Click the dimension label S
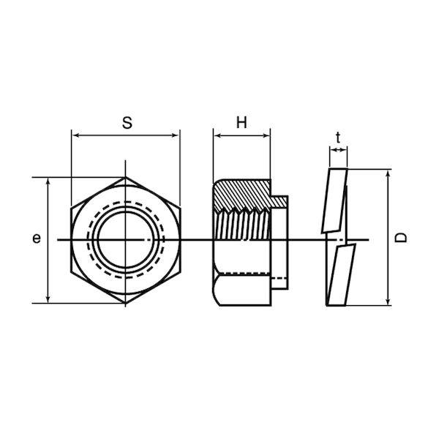pyautogui.click(x=127, y=123)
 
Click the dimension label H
pyautogui.click(x=241, y=123)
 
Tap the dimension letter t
pyautogui.click(x=338, y=138)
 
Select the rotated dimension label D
pyautogui.click(x=401, y=237)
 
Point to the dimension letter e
pyautogui.click(x=37, y=239)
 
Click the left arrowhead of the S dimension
pyautogui.click(x=76, y=135)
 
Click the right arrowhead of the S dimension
pyautogui.click(x=176, y=135)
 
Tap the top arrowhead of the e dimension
pyautogui.click(x=48, y=182)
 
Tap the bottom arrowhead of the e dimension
pyautogui.click(x=48, y=299)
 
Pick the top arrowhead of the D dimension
pyautogui.click(x=388, y=174)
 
